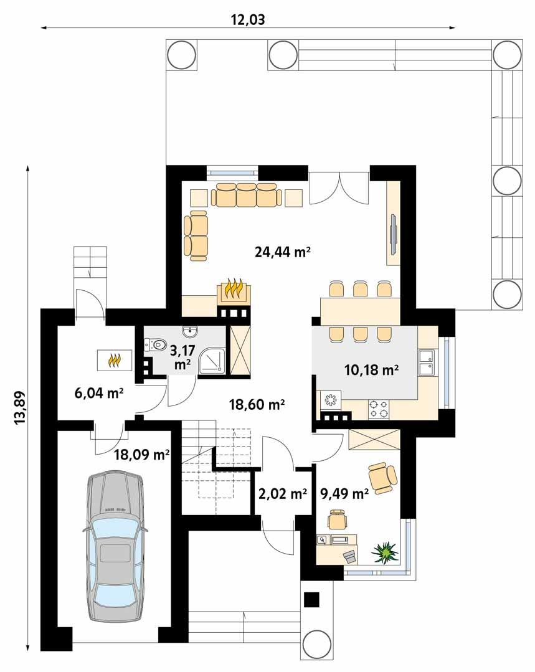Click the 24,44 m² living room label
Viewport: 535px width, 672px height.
(x=283, y=252)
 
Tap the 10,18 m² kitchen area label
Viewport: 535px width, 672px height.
(x=371, y=370)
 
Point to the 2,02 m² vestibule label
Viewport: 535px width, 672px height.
(x=282, y=494)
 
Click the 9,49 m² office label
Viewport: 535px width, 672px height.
(x=344, y=494)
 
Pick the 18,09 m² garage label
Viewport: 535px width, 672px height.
(x=142, y=455)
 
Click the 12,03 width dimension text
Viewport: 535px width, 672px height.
(x=248, y=19)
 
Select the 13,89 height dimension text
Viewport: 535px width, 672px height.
(x=19, y=409)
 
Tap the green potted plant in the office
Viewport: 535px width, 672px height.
(x=384, y=551)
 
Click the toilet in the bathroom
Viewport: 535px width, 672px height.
(x=154, y=343)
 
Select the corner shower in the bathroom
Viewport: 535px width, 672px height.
(x=212, y=362)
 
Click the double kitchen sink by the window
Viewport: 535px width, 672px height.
(x=427, y=363)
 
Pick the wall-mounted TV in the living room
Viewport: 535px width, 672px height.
(x=394, y=234)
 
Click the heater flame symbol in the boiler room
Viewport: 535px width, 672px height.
(x=114, y=359)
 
